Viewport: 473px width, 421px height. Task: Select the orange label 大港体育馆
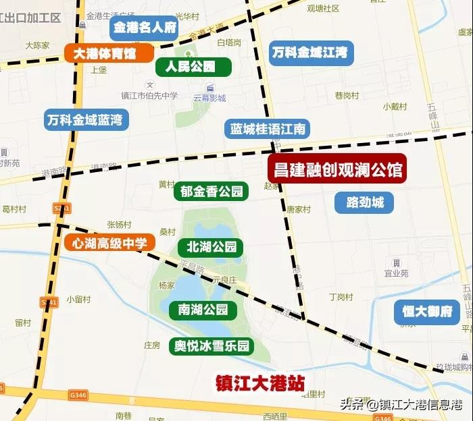click(x=109, y=53)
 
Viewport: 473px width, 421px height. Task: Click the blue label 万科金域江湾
click(x=309, y=53)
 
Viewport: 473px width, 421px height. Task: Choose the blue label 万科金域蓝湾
click(x=85, y=120)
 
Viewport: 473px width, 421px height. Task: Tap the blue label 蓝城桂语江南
click(x=268, y=129)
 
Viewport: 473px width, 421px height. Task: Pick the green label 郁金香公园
click(x=211, y=192)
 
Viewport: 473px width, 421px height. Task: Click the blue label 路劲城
click(x=364, y=202)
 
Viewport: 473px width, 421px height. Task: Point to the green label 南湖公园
click(x=203, y=310)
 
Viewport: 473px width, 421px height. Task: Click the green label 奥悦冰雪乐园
click(x=211, y=347)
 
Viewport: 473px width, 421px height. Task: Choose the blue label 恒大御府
click(x=427, y=311)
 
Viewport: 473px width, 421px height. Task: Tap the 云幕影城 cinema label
click(x=209, y=98)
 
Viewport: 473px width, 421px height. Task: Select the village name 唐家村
click(x=298, y=209)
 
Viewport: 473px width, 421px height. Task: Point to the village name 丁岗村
click(x=341, y=297)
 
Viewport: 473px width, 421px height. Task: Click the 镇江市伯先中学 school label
click(x=149, y=95)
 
